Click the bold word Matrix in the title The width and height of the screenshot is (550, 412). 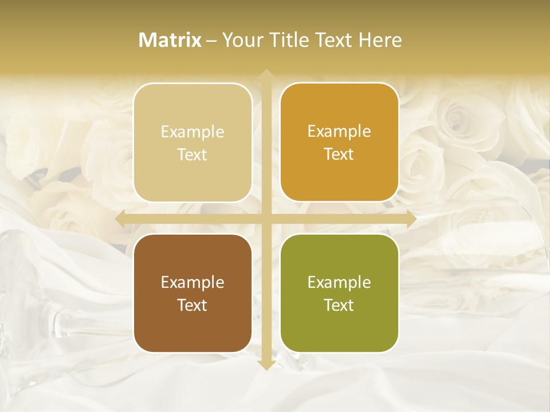click(x=170, y=40)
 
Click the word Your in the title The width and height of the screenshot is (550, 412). click(x=240, y=40)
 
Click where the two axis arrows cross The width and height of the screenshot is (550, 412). click(x=266, y=219)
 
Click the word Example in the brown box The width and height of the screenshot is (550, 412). click(x=192, y=283)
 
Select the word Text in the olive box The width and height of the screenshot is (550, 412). click(x=339, y=305)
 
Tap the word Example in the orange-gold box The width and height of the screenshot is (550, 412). click(x=339, y=132)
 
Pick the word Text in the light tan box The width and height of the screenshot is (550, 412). click(x=192, y=155)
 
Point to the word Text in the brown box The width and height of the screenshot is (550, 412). click(x=192, y=305)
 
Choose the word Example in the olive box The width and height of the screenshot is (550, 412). click(x=339, y=283)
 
